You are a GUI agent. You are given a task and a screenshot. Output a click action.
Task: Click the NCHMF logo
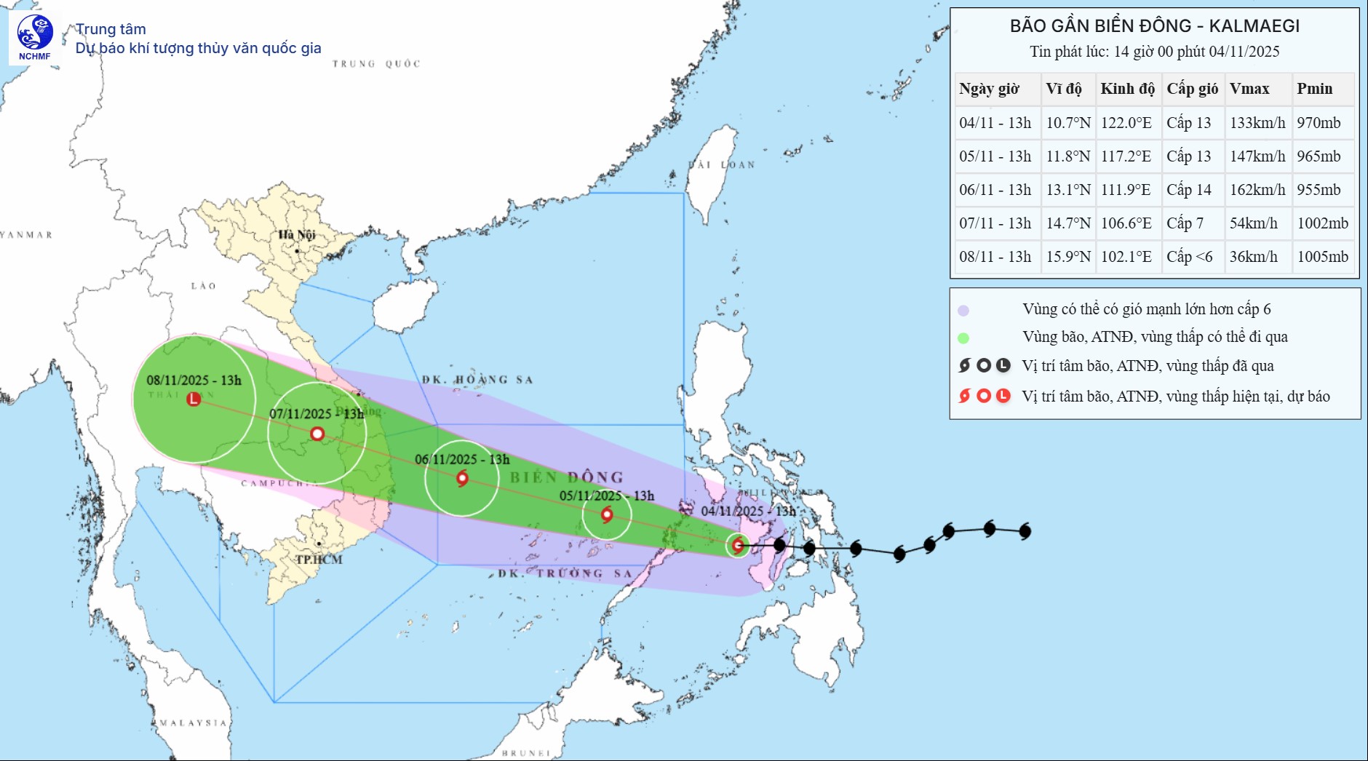tap(34, 37)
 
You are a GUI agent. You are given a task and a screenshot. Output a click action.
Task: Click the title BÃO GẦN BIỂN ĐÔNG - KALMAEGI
tap(1154, 26)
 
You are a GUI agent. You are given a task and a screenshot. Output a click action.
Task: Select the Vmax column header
tap(1249, 89)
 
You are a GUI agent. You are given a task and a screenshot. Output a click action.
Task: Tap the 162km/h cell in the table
tap(1257, 190)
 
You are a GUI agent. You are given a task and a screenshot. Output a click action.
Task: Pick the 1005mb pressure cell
tap(1322, 257)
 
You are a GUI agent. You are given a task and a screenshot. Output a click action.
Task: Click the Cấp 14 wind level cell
tap(1189, 190)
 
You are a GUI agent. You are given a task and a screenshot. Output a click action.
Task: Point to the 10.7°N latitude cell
tap(1067, 123)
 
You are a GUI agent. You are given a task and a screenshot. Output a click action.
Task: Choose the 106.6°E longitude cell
tap(1126, 223)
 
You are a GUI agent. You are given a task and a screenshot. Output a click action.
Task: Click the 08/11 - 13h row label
tap(995, 257)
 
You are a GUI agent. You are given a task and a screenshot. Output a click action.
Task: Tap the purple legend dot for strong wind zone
tap(963, 311)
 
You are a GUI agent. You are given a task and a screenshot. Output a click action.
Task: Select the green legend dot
tap(963, 338)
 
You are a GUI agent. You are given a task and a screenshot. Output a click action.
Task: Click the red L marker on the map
tap(194, 399)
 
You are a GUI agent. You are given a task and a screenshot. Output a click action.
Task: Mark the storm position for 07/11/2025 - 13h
tap(317, 434)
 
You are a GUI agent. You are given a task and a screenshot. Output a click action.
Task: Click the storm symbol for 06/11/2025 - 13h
tap(462, 479)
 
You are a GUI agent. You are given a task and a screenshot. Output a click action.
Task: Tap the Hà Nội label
tap(297, 234)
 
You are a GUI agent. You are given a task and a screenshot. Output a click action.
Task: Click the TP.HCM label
tap(319, 559)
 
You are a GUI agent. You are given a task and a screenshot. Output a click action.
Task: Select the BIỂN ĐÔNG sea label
tap(567, 477)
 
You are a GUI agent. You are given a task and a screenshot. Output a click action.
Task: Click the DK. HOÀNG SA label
tap(477, 380)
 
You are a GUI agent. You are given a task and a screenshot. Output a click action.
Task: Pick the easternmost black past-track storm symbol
tap(1025, 531)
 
